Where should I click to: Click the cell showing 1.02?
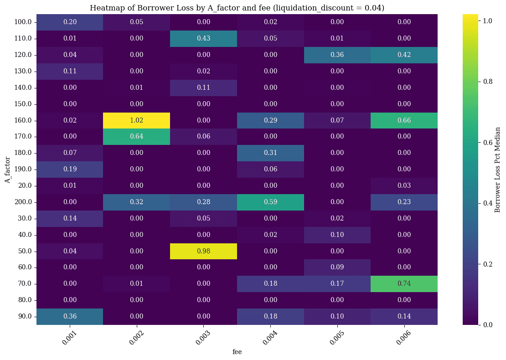coord(136,120)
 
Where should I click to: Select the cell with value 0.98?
coord(203,251)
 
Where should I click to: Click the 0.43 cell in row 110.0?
coord(203,38)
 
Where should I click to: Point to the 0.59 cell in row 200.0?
coord(270,202)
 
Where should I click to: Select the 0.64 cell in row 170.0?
coord(136,137)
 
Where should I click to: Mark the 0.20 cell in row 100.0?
coord(69,22)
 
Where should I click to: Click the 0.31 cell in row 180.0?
coord(270,153)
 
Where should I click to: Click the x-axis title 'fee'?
coord(237,352)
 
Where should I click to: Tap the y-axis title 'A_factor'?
coord(8,169)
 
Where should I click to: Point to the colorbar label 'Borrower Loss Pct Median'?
coord(497,169)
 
